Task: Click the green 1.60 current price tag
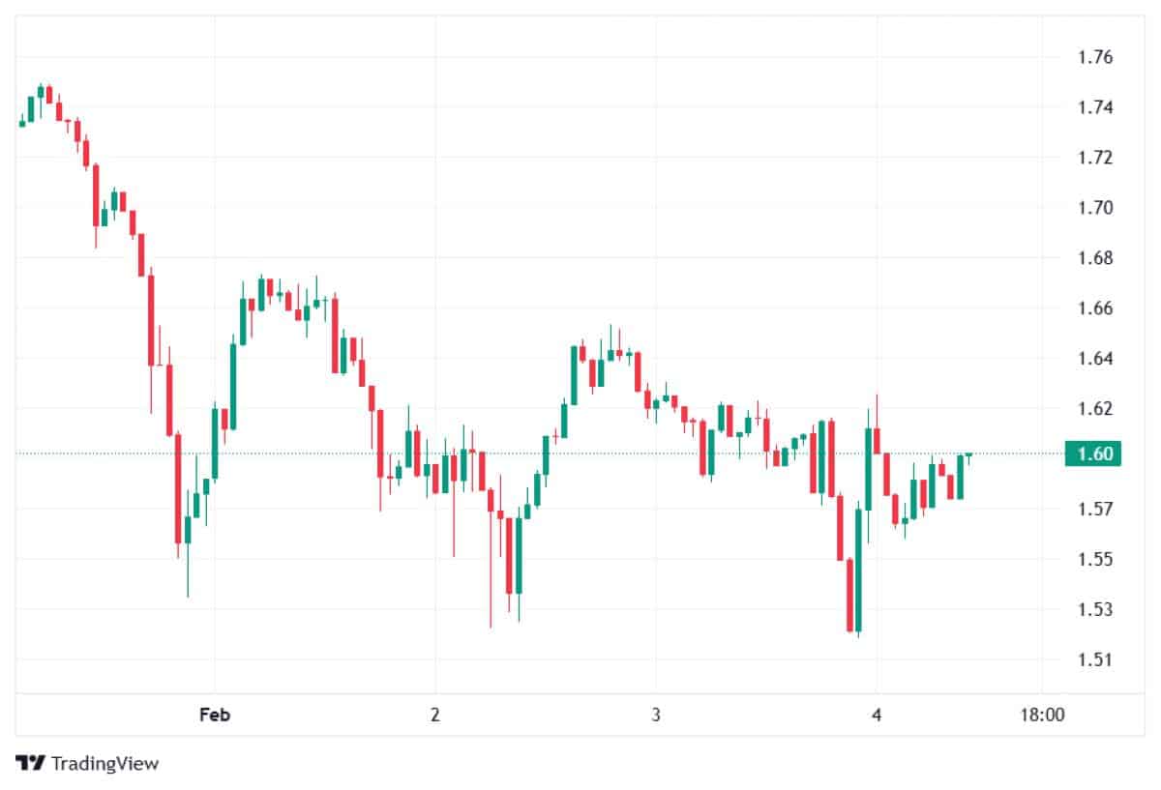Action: click(1092, 454)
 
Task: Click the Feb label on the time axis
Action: click(214, 716)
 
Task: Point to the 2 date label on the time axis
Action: click(435, 716)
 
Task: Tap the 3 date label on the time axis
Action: click(656, 716)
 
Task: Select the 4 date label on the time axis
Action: click(876, 716)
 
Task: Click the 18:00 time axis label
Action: click(1041, 716)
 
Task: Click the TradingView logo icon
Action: click(31, 763)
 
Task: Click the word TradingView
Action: click(104, 763)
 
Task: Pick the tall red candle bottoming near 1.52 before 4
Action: click(849, 595)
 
